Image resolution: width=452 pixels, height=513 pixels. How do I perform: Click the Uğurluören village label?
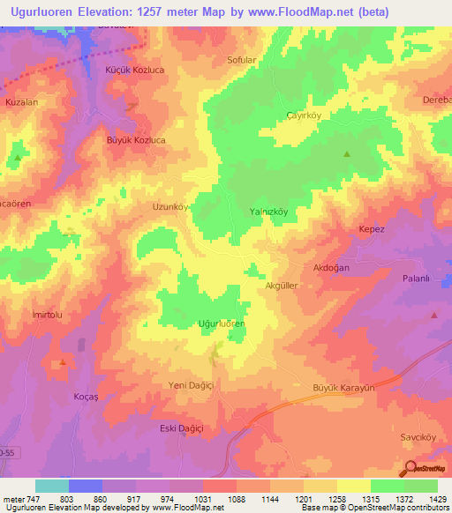222,324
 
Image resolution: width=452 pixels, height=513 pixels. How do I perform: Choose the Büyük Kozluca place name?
136,140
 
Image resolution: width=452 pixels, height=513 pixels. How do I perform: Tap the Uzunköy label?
171,207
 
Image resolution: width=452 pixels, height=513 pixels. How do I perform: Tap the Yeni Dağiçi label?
192,385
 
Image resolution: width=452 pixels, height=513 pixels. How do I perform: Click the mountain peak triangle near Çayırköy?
346,155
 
